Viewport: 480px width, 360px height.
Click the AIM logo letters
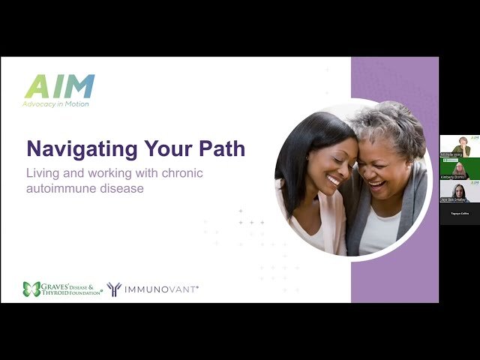[60, 86]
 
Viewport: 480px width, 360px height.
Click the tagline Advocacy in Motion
[55, 103]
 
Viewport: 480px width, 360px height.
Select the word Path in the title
[220, 148]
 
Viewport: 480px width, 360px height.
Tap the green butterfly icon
[31, 289]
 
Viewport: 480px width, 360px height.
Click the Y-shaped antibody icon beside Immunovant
[115, 289]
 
